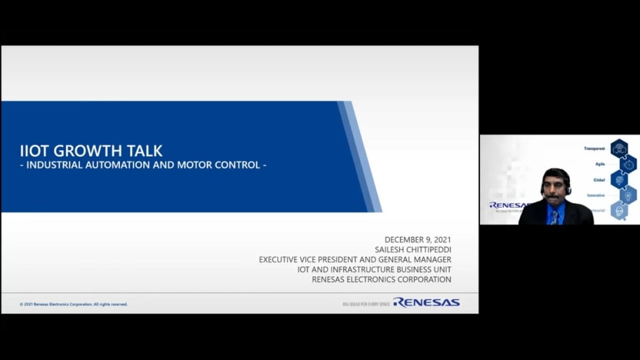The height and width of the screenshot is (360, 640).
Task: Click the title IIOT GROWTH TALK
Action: pyautogui.click(x=91, y=151)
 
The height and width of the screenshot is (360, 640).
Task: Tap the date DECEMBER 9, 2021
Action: pyautogui.click(x=418, y=239)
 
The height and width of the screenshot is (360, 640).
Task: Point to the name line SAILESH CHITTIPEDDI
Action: pyautogui.click(x=408, y=249)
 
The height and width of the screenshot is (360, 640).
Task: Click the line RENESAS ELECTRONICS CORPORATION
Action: pyautogui.click(x=381, y=279)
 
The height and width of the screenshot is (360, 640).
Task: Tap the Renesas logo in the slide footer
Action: pyautogui.click(x=426, y=303)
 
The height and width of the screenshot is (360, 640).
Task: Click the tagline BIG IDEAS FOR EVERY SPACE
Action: pyautogui.click(x=366, y=304)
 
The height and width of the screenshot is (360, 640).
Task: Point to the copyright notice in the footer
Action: pyautogui.click(x=73, y=304)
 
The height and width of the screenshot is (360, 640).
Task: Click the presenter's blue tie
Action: pyautogui.click(x=554, y=216)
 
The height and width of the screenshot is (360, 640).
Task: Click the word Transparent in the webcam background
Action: pyautogui.click(x=594, y=148)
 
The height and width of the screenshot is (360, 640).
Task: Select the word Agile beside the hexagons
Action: pyautogui.click(x=600, y=164)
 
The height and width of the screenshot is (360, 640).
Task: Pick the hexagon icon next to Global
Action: pyautogui.click(x=619, y=179)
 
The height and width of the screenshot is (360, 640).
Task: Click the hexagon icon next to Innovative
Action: pyautogui.click(x=627, y=195)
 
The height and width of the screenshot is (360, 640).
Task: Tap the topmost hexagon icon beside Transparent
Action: pyautogui.click(x=619, y=148)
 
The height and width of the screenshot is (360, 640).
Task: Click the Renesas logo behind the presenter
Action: pyautogui.click(x=508, y=205)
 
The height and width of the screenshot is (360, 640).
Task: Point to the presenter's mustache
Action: pyautogui.click(x=553, y=197)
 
